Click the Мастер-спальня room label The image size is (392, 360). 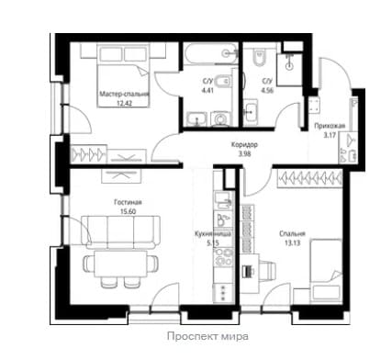point(124,94)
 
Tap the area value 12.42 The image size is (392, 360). point(125,103)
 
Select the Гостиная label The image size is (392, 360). point(128,202)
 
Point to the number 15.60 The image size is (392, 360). point(129,211)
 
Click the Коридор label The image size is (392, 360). point(244,145)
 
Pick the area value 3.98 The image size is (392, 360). point(245,154)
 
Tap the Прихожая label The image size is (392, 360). point(330,126)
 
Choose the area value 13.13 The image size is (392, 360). point(292,243)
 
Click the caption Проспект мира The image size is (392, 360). point(207,337)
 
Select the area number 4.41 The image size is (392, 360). point(207,90)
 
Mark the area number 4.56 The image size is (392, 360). point(267,90)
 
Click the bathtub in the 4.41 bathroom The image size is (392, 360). point(211,53)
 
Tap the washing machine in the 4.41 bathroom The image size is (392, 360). point(220,119)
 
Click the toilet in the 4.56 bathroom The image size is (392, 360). point(259,57)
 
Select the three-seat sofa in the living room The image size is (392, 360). point(121,231)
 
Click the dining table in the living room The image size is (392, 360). point(121,264)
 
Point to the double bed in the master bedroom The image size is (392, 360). point(123,75)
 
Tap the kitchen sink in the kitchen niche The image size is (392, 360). point(223,200)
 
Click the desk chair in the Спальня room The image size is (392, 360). point(267,270)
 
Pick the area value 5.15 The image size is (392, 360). point(213,243)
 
